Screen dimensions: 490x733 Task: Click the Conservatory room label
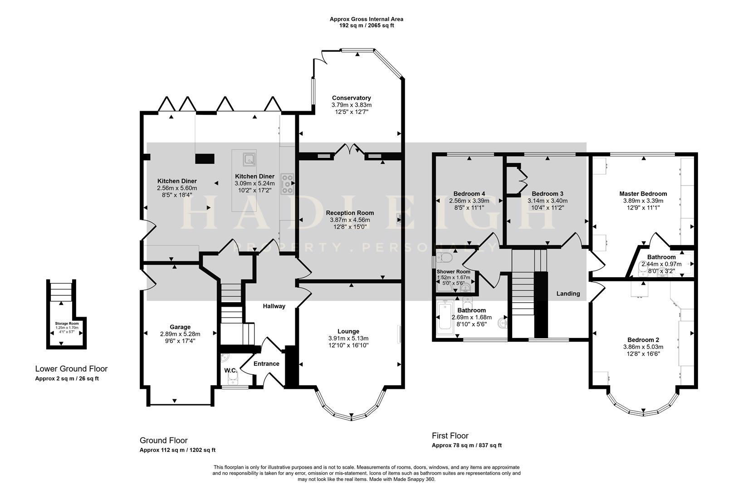[x=351, y=98]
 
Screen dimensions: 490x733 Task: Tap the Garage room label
[x=180, y=327]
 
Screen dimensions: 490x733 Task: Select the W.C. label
[x=230, y=371]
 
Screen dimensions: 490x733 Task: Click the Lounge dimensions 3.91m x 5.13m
[x=348, y=338]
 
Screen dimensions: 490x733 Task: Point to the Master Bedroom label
[x=643, y=194]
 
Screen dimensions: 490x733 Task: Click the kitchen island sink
[x=249, y=159]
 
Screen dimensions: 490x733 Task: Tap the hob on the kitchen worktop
[x=287, y=184]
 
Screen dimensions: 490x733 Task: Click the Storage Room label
[x=67, y=323]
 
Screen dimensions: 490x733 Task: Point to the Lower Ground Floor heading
[x=71, y=369]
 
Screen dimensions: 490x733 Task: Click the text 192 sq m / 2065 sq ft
[x=366, y=26]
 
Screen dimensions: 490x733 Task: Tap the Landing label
[x=568, y=294]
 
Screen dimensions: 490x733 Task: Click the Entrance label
[x=266, y=363]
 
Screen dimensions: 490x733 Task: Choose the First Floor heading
[x=450, y=436]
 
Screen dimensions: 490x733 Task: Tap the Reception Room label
[x=350, y=213]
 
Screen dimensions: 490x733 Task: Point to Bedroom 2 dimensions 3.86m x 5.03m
[x=643, y=347]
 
